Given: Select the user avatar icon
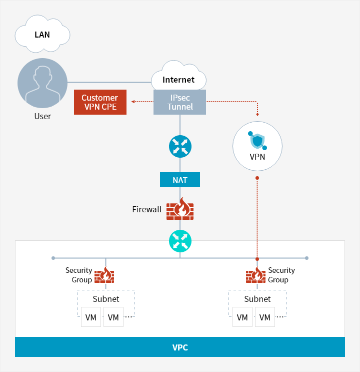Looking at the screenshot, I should [42, 83].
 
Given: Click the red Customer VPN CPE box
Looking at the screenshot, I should [100, 102].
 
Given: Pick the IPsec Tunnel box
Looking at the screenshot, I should [180, 102].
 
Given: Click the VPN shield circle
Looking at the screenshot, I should [257, 146].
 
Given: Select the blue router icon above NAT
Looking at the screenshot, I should [180, 146].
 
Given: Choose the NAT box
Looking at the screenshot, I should [180, 180].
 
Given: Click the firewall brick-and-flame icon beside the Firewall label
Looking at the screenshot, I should [180, 209].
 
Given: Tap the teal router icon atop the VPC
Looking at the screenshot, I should [180, 240].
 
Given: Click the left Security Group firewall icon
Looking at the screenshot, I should [105, 275].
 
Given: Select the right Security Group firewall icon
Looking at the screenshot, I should [256, 275].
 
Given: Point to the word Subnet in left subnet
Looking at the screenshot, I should [106, 299].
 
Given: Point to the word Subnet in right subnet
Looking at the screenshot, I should [257, 299].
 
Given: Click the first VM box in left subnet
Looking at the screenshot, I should [91, 317].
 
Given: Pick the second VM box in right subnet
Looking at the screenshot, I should [265, 317].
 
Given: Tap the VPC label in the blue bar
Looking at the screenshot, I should [180, 347].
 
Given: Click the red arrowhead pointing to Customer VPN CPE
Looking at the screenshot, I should [133, 102].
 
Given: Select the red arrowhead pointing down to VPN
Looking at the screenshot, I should [257, 114].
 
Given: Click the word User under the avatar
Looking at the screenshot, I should [42, 116].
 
